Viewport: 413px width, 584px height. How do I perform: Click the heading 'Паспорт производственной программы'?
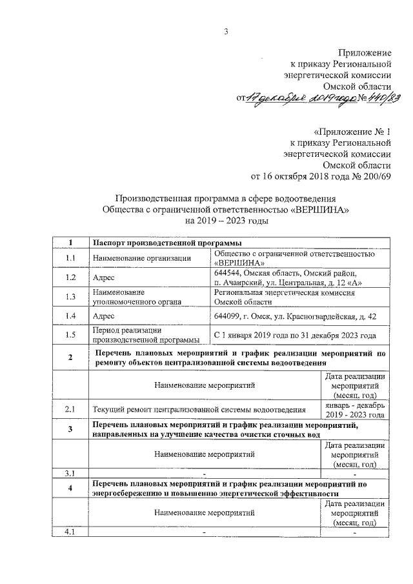coord(167,243)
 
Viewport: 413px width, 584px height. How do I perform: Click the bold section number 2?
coord(70,358)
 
